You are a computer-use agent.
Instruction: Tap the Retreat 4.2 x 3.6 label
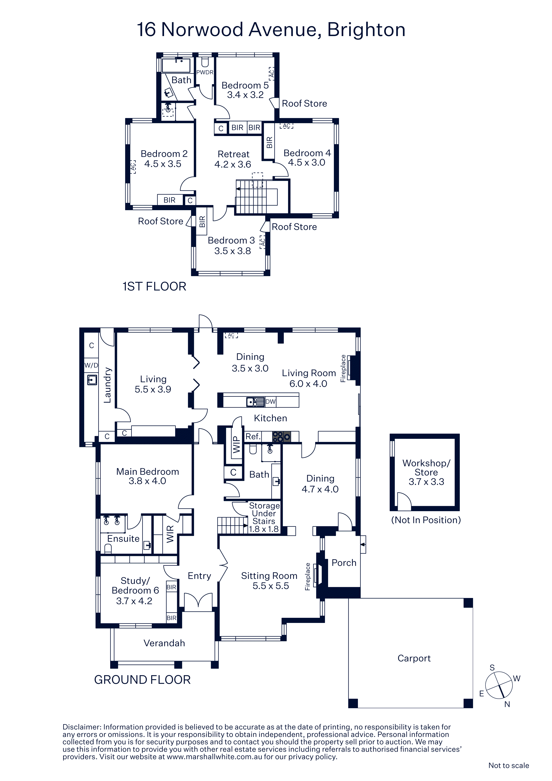click(233, 159)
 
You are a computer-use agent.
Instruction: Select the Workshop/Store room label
click(426, 472)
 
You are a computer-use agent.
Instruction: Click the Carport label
click(414, 658)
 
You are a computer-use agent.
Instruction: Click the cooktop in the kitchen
click(282, 436)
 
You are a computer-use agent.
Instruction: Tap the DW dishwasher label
click(270, 401)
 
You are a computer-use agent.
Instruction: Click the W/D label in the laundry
click(91, 366)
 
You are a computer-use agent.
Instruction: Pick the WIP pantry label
click(236, 445)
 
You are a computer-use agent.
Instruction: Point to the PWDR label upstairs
click(205, 72)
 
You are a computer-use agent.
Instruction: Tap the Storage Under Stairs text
click(264, 517)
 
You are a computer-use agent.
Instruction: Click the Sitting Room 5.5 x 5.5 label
click(269, 581)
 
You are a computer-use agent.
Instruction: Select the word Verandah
click(164, 643)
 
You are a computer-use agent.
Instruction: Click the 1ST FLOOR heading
click(154, 286)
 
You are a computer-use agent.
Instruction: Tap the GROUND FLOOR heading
click(142, 680)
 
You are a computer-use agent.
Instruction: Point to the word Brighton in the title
click(366, 30)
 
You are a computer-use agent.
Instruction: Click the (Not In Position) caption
click(426, 520)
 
